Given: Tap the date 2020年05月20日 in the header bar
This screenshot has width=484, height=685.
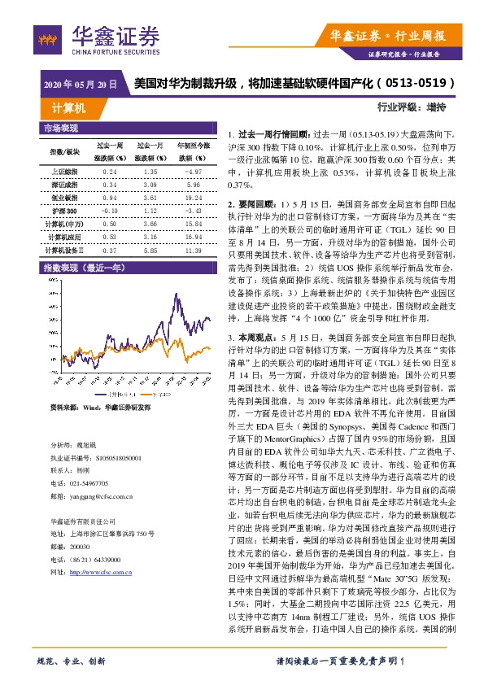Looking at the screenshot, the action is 79,85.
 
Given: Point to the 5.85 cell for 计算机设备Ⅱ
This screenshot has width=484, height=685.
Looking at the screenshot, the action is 150,250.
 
